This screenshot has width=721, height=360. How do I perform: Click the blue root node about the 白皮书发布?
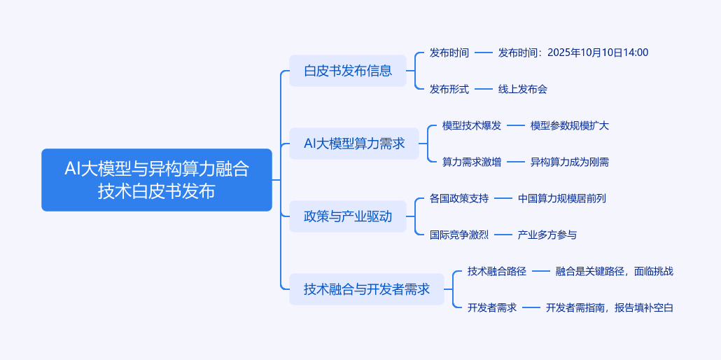(156, 179)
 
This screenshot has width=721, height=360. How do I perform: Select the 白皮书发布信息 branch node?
(347, 71)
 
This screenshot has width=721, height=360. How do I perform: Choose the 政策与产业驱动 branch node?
(347, 216)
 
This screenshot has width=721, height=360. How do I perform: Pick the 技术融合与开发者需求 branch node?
(366, 289)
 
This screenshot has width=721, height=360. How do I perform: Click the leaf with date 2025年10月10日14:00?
(573, 53)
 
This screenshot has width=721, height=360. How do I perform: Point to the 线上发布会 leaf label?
(522, 89)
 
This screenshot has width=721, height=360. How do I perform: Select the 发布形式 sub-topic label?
(449, 89)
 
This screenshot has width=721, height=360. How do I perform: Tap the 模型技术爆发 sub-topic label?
(471, 125)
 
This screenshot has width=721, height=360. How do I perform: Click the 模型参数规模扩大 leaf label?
(569, 125)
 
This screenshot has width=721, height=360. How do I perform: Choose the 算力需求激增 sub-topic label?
(471, 162)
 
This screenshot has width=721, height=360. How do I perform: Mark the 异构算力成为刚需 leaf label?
(569, 162)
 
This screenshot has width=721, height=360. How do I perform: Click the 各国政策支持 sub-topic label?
(458, 198)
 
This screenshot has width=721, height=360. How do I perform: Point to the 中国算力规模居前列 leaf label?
(561, 198)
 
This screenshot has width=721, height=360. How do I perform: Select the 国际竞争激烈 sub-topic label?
(458, 235)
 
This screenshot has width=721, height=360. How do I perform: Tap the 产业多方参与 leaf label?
(547, 235)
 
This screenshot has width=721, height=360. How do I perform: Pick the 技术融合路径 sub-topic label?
(496, 271)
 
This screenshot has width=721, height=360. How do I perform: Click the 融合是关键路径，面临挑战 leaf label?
(614, 271)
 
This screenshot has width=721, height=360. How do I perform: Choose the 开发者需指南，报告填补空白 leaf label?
(609, 307)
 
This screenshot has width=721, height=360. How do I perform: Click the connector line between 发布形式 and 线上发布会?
(484, 89)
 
